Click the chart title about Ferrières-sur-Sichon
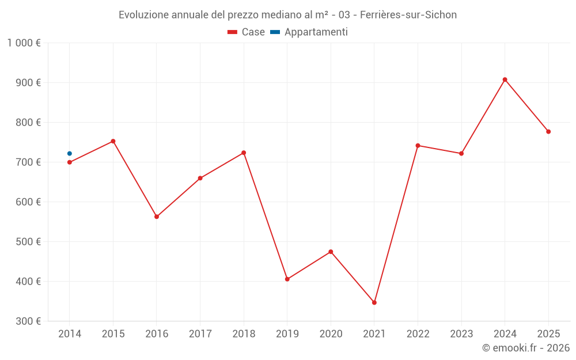click(x=287, y=15)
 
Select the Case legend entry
click(x=247, y=32)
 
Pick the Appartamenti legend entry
click(x=309, y=32)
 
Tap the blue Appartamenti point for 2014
click(x=70, y=154)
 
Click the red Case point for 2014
click(x=70, y=162)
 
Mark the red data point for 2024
click(x=505, y=79)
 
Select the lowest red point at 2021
click(x=374, y=302)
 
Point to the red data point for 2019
click(x=287, y=279)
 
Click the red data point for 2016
click(x=157, y=217)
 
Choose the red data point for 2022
click(x=418, y=146)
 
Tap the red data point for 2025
click(x=548, y=132)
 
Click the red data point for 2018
click(x=244, y=153)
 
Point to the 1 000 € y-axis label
click(x=24, y=43)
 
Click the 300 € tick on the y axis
click(x=28, y=321)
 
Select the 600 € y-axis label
click(x=28, y=202)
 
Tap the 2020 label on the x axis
click(x=331, y=334)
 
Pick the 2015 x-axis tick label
click(x=113, y=334)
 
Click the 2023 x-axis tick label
click(x=461, y=334)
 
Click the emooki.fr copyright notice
click(x=525, y=348)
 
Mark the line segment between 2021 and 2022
click(x=396, y=224)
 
